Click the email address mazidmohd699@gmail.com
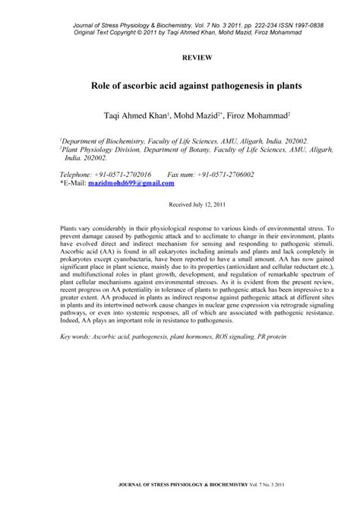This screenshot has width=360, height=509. click(x=131, y=183)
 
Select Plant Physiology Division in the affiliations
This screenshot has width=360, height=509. click(x=99, y=150)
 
